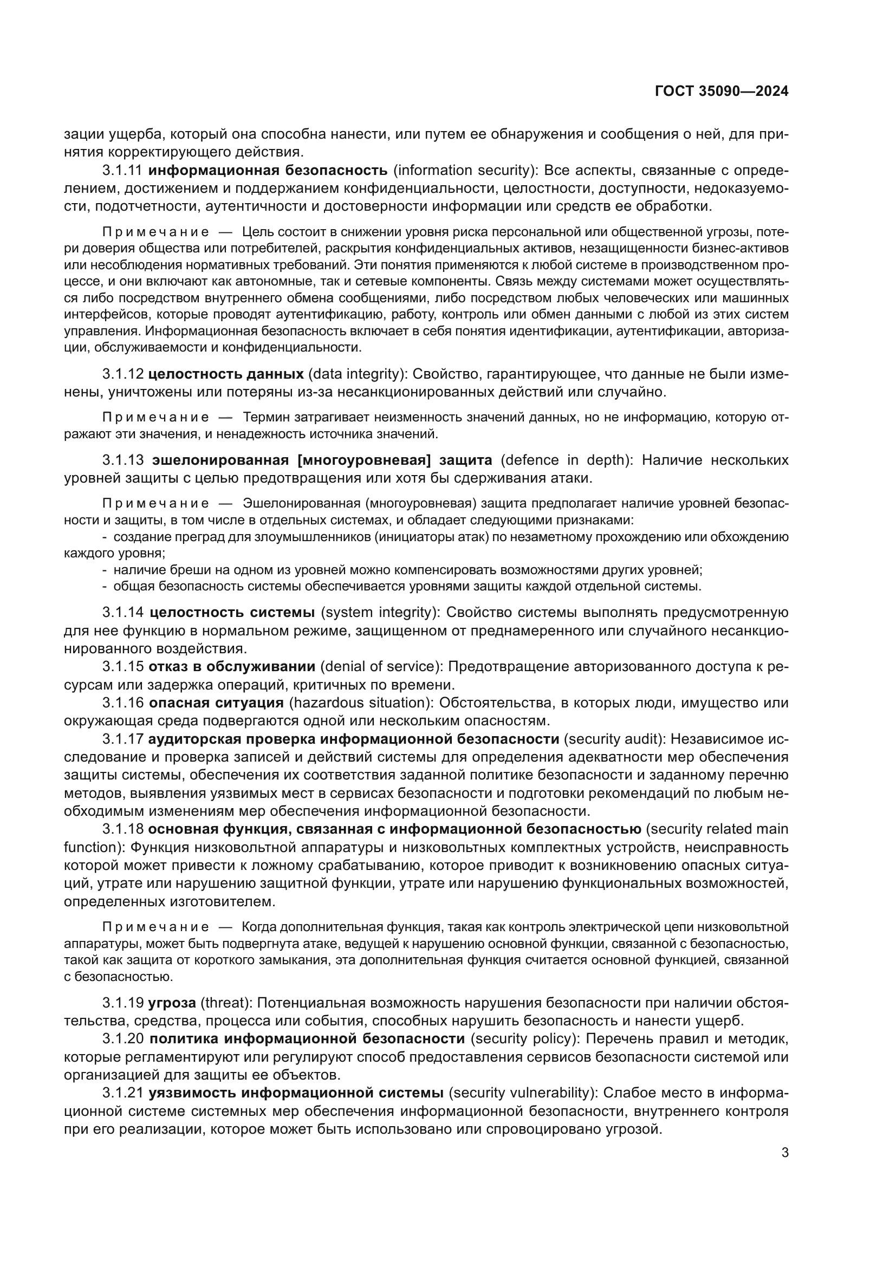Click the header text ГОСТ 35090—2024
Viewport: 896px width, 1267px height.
coord(721,92)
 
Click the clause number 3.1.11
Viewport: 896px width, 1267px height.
coord(122,171)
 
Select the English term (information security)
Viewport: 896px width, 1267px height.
coord(465,171)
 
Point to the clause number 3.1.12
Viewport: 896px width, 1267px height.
coord(122,374)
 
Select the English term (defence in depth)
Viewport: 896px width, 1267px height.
coord(567,460)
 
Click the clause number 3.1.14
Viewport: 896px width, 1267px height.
coord(122,613)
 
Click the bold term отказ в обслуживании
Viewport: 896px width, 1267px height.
coord(232,667)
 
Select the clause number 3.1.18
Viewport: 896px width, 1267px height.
coord(122,829)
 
